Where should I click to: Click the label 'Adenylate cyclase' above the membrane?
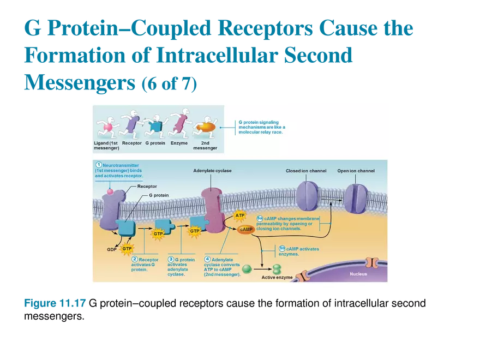[212, 171]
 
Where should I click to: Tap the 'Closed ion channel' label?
[306, 171]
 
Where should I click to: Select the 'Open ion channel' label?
[356, 171]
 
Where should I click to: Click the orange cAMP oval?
[247, 230]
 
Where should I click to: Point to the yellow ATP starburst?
[240, 215]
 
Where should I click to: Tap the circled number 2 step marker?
[135, 259]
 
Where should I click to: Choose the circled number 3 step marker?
[171, 259]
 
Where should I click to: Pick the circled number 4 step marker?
[207, 259]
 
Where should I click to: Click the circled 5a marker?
[260, 219]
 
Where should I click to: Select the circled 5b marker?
[282, 248]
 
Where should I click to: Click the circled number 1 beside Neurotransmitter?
[98, 165]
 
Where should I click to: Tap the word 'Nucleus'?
[358, 274]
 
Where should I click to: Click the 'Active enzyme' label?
[277, 278]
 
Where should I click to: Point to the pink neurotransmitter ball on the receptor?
[110, 191]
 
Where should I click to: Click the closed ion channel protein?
[308, 196]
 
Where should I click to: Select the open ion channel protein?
[356, 198]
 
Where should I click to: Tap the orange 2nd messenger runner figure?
[206, 127]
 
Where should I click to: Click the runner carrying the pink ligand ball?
[107, 127]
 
